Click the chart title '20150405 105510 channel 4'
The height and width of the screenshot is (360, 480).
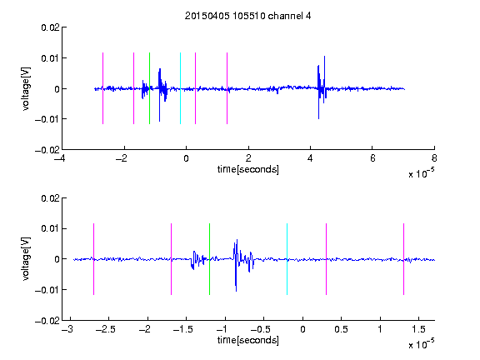pyautogui.click(x=247, y=16)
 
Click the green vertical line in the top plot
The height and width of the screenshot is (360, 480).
pyautogui.click(x=149, y=88)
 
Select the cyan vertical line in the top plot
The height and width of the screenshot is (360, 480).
pyautogui.click(x=180, y=88)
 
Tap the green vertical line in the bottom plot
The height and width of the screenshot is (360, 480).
pyautogui.click(x=209, y=259)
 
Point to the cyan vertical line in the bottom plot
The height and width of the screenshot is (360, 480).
pyautogui.click(x=287, y=259)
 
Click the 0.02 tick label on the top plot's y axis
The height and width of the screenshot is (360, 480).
pyautogui.click(x=50, y=27)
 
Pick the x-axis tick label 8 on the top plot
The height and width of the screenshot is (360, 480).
pyautogui.click(x=434, y=158)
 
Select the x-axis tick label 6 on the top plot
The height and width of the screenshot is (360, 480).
pyautogui.click(x=372, y=158)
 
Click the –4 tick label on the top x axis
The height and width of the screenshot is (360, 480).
pyautogui.click(x=60, y=158)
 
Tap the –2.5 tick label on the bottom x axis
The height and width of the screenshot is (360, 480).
pyautogui.click(x=105, y=329)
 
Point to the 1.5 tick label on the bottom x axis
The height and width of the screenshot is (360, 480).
pyautogui.click(x=418, y=329)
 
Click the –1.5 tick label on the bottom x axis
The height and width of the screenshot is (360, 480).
pyautogui.click(x=182, y=329)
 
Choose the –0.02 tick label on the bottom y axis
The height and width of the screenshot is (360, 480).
pyautogui.click(x=47, y=321)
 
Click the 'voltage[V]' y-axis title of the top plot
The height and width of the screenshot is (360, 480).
pyautogui.click(x=26, y=88)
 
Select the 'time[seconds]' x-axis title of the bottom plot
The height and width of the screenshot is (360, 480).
pyautogui.click(x=248, y=340)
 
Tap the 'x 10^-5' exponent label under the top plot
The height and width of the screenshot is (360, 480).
pyautogui.click(x=421, y=173)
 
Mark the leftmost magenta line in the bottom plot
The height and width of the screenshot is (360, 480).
pyautogui.click(x=93, y=259)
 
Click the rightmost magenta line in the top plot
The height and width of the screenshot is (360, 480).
pyautogui.click(x=227, y=88)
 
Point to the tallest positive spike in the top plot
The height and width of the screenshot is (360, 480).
pyautogui.click(x=324, y=57)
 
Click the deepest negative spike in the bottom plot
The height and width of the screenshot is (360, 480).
pyautogui.click(x=236, y=290)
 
